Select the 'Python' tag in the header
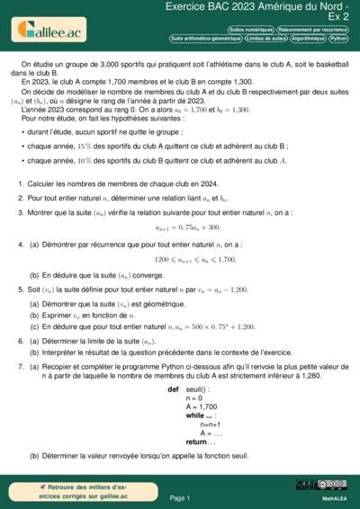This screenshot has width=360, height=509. (x=339, y=40)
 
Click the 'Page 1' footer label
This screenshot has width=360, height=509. (x=179, y=496)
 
